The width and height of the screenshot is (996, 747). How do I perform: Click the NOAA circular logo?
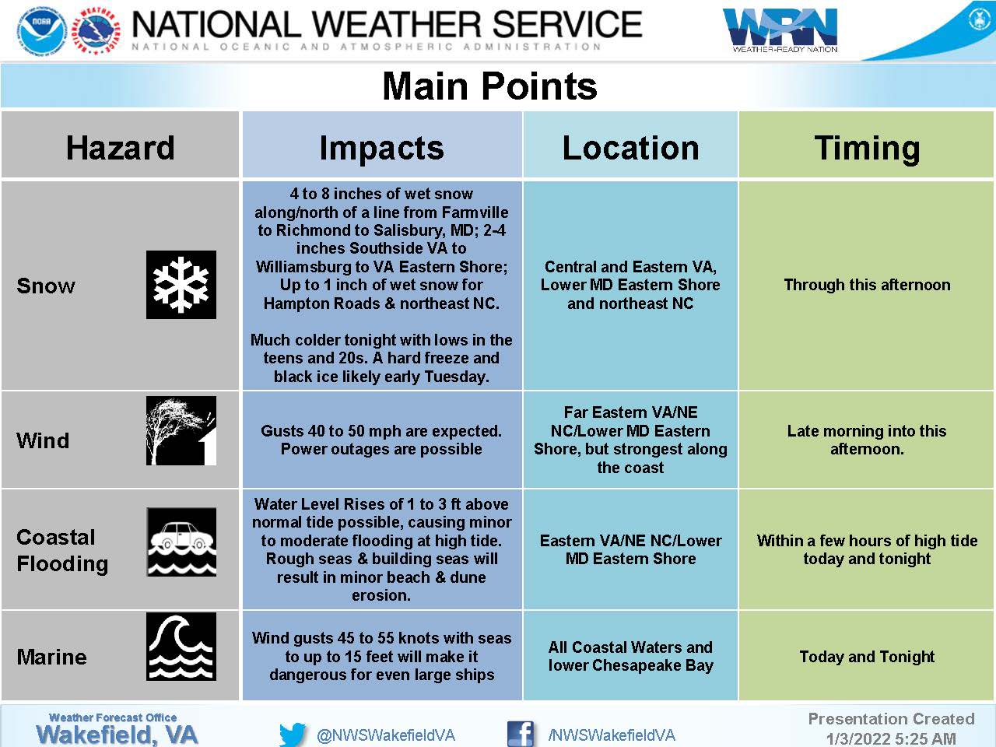click(43, 32)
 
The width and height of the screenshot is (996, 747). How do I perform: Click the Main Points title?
click(489, 86)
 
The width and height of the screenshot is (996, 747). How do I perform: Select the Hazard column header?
click(121, 148)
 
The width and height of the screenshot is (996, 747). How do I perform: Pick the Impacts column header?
click(381, 149)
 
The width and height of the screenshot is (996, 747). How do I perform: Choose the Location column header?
click(631, 148)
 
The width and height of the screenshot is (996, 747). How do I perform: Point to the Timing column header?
click(867, 149)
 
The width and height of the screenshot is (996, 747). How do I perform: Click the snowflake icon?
click(181, 284)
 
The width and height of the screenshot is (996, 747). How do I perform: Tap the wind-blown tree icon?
click(181, 430)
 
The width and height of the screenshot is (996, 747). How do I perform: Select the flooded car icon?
click(181, 542)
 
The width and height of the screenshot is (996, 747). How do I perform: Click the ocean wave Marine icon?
click(181, 647)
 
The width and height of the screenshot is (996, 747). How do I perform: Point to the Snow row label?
click(46, 286)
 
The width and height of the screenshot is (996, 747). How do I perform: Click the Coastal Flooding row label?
click(62, 551)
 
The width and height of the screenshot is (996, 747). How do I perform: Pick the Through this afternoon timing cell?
click(867, 285)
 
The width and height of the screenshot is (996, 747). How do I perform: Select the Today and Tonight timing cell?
click(867, 657)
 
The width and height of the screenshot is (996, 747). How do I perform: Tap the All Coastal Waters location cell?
click(631, 656)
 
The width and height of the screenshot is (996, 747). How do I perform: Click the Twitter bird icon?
click(293, 735)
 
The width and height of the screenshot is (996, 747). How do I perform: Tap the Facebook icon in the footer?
click(521, 734)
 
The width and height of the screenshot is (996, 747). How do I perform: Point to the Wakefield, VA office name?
click(117, 735)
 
